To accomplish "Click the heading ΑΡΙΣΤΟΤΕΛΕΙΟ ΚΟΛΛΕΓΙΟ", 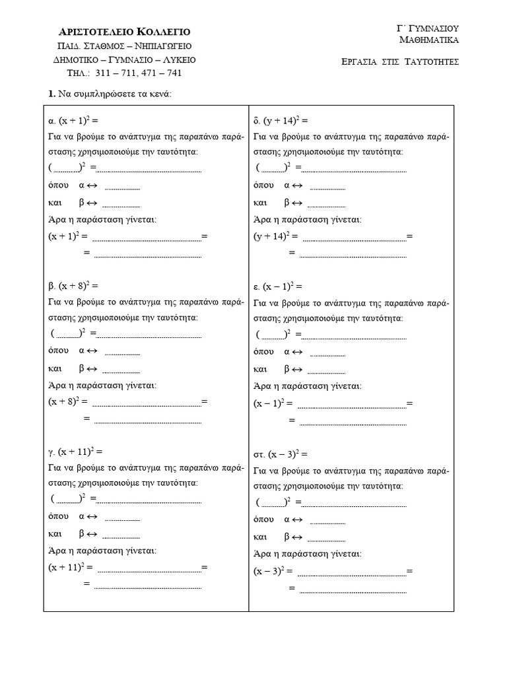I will point(125,32).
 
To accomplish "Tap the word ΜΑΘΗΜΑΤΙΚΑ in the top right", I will point(430,40).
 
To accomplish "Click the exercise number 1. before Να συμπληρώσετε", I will point(52,94).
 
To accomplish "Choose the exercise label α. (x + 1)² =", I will point(73,120).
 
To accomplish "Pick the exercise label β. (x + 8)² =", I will point(73,286).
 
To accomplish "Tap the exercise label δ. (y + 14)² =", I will point(281,120).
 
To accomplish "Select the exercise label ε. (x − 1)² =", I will point(278,287).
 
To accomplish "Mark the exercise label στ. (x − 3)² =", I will point(281,454).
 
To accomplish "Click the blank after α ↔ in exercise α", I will point(122,187).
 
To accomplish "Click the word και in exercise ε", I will point(260,368).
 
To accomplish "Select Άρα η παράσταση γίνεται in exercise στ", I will point(308,553).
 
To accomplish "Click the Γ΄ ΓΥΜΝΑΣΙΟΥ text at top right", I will point(428,28).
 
